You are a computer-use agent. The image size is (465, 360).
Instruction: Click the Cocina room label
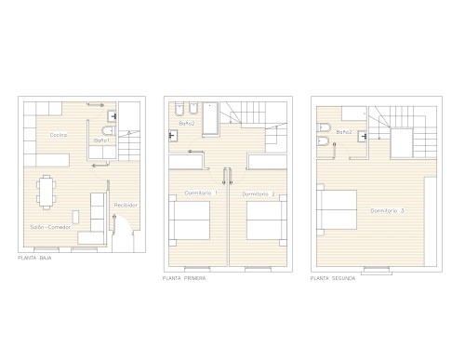59,135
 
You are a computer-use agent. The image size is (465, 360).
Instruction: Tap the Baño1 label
101,140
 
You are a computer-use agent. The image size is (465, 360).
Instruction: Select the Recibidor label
126,205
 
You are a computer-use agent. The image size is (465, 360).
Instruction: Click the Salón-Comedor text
50,227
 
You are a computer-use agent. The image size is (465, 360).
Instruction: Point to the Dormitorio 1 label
201,193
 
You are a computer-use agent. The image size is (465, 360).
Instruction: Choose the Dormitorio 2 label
259,194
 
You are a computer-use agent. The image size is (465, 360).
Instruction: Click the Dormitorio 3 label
387,211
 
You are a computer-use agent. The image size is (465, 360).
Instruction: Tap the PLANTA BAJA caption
34,258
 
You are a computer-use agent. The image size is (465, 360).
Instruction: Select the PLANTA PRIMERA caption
184,278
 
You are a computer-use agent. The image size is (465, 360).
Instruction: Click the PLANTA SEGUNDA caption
333,278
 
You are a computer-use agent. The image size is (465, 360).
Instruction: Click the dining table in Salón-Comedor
46,193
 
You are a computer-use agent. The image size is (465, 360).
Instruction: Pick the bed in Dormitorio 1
190,220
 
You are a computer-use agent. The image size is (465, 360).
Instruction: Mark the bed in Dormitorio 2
267,220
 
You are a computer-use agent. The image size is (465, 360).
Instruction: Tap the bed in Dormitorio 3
337,209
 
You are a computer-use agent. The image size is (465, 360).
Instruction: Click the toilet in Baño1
109,131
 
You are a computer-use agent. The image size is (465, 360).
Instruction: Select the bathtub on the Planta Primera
210,119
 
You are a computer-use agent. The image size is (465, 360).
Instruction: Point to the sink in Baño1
112,116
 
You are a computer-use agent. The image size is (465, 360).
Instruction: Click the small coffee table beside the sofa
75,217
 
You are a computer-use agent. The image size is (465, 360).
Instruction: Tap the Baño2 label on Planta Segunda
344,132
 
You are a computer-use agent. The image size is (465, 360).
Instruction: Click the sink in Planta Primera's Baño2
173,136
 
